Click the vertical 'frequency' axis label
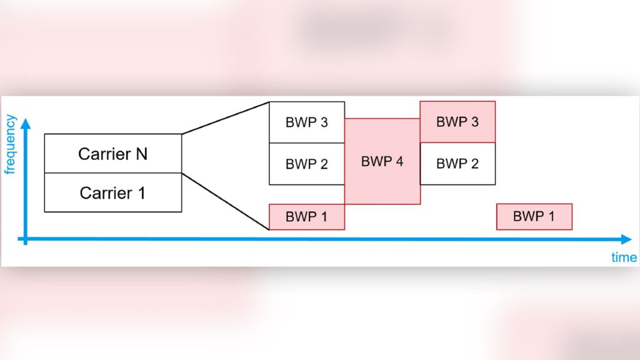[9, 144]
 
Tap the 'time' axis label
[624, 257]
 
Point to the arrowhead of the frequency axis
[26, 122]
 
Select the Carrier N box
[113, 154]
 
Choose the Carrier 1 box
[113, 193]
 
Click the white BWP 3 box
[306, 122]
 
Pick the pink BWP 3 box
[457, 122]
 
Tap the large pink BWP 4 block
[382, 161]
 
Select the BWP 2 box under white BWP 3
[306, 164]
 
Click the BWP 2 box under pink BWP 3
[457, 164]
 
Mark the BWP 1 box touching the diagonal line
[306, 217]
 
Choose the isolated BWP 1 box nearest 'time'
[534, 217]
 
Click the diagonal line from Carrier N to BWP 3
[225, 117]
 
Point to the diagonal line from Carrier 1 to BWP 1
[225, 201]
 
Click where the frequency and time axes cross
[26, 239]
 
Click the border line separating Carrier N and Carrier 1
[113, 173]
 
